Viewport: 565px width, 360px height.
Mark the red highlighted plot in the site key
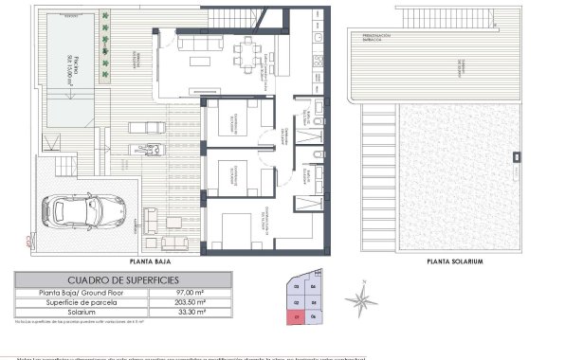[297, 316]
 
